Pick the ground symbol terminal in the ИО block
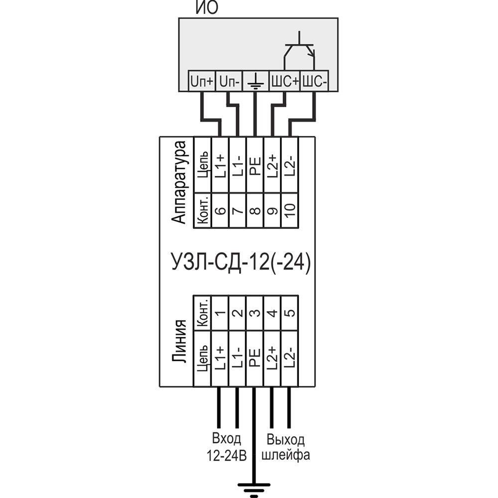[255, 81]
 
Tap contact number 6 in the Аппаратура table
[220, 210]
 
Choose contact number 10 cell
[290, 210]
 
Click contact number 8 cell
[255, 210]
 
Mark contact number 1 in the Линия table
[220, 313]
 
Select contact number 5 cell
[290, 313]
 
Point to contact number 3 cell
[255, 313]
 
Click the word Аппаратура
[179, 182]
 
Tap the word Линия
[179, 341]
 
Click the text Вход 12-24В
[227, 447]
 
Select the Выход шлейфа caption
[286, 447]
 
